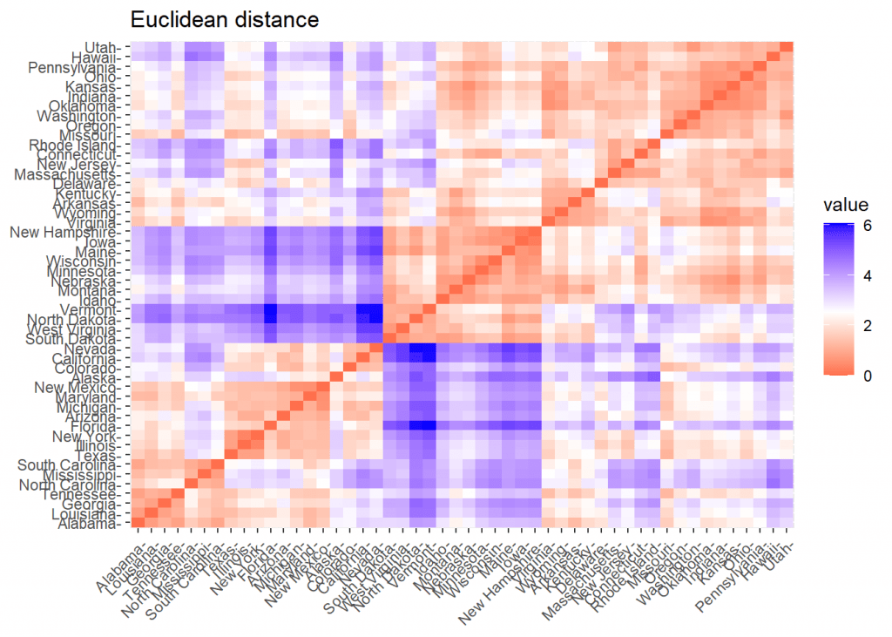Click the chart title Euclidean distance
[225, 18]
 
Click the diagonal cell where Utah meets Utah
[786, 47]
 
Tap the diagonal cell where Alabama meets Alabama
[138, 524]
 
